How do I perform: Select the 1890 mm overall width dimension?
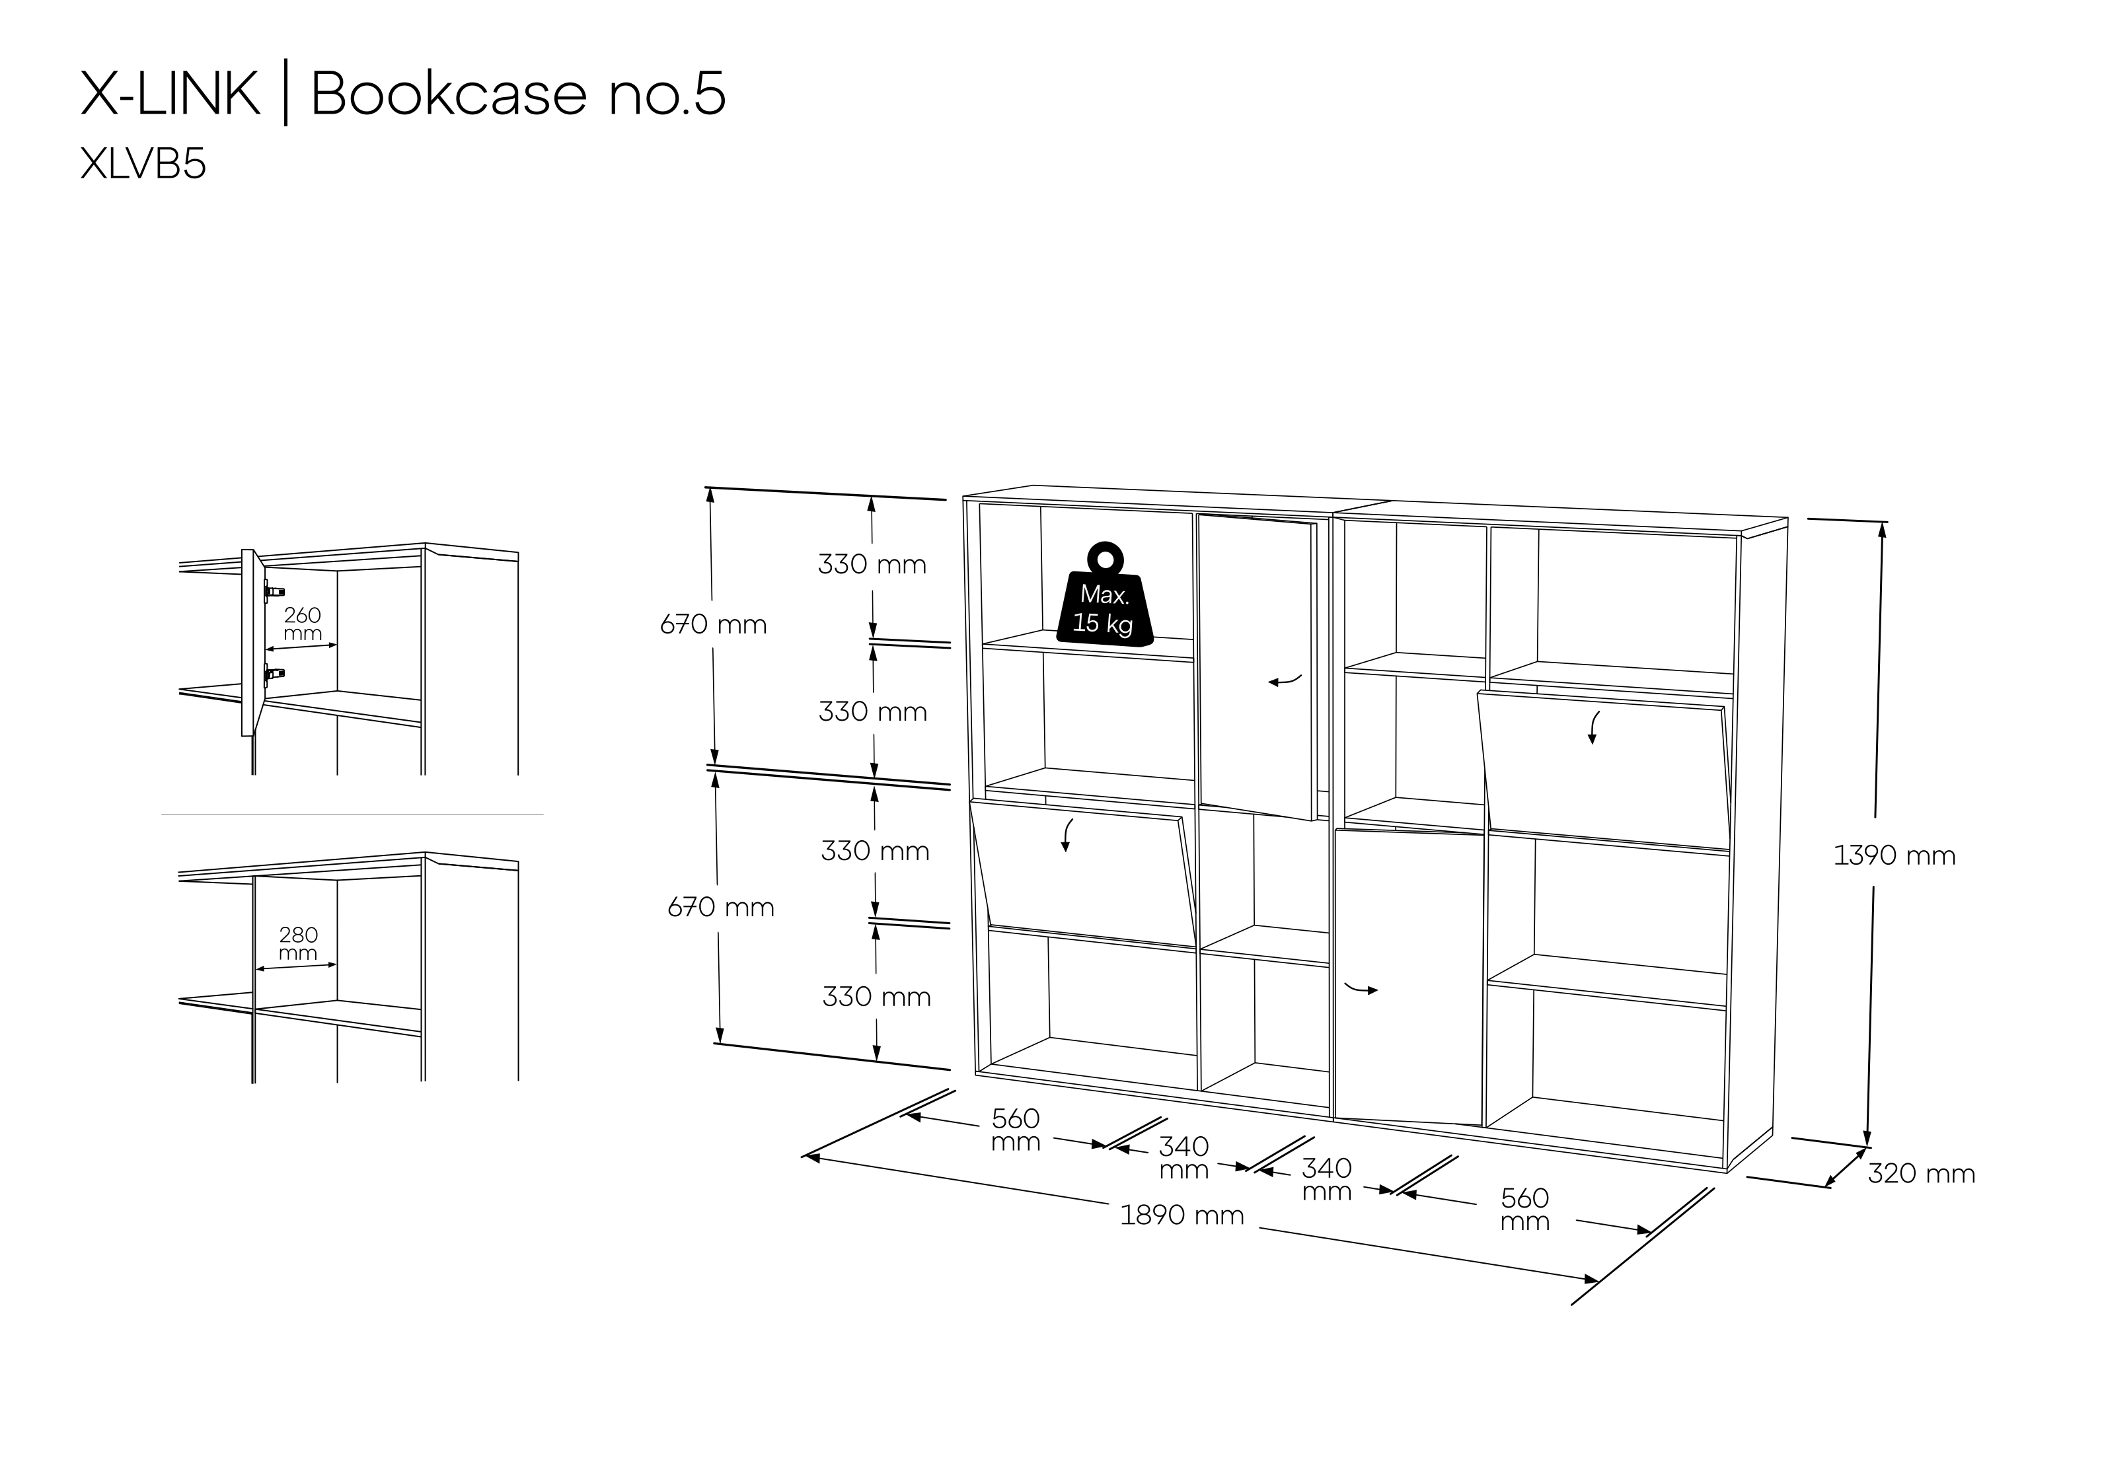tap(1182, 1215)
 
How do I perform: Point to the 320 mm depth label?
tap(1921, 1174)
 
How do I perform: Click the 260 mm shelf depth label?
tap(302, 624)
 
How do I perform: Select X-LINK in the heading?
tap(170, 93)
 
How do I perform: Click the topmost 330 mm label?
tap(872, 565)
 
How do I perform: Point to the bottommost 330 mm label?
tap(876, 997)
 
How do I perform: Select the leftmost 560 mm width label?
tap(1015, 1130)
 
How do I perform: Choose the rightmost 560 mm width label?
tap(1524, 1210)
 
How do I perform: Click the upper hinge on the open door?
tap(274, 591)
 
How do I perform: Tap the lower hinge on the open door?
tap(274, 676)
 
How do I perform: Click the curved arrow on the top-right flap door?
tap(1593, 727)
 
